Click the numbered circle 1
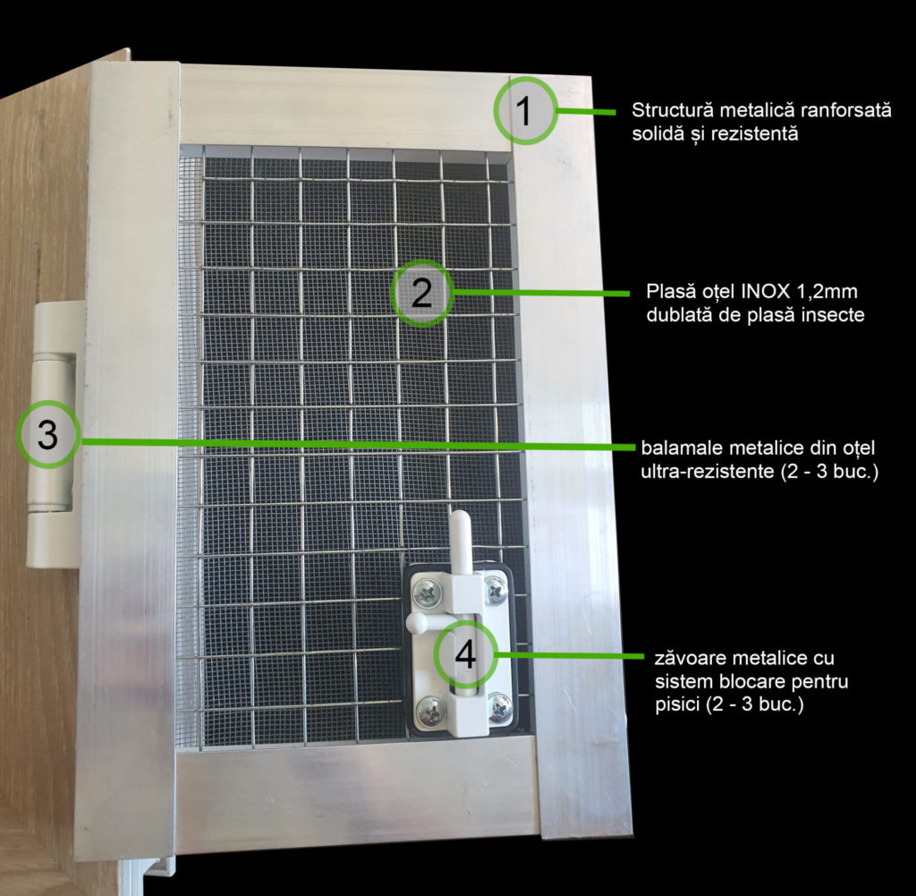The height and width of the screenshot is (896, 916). [x=525, y=110]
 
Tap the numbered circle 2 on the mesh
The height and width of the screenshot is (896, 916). [x=422, y=293]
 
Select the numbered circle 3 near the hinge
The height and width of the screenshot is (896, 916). [x=48, y=434]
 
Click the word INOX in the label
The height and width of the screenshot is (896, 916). [x=766, y=291]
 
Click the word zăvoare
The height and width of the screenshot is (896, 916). [x=691, y=658]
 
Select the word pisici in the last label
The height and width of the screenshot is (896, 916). [x=678, y=704]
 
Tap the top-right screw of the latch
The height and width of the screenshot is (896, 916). [x=496, y=590]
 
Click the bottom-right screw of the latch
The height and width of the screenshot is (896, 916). [x=501, y=708]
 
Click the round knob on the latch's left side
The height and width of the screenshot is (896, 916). [x=415, y=622]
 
